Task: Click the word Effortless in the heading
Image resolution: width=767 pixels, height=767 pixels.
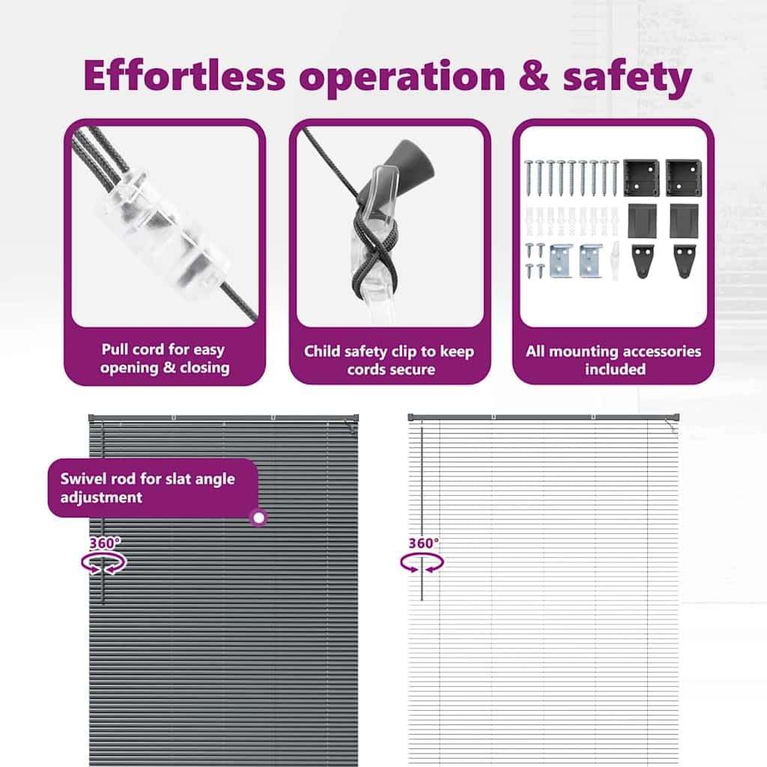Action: [x=184, y=76]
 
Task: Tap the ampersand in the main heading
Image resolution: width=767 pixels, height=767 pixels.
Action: [x=533, y=76]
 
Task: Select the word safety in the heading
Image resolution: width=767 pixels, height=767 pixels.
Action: [x=627, y=78]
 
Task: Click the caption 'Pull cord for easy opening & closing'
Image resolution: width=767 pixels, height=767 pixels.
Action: [x=165, y=359]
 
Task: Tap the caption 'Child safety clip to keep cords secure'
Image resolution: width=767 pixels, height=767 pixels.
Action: [x=389, y=360]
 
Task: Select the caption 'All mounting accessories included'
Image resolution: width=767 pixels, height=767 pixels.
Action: [x=613, y=360]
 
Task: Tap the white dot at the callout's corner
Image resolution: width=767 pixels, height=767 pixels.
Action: [x=258, y=518]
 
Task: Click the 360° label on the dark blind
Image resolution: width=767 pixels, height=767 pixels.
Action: [x=105, y=543]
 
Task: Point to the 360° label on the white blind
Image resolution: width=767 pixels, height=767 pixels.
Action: [x=424, y=543]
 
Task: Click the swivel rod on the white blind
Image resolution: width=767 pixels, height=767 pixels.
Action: [x=422, y=514]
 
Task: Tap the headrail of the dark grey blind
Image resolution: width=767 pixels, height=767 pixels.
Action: [x=223, y=418]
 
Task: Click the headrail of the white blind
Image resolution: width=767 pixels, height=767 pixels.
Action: [x=544, y=417]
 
